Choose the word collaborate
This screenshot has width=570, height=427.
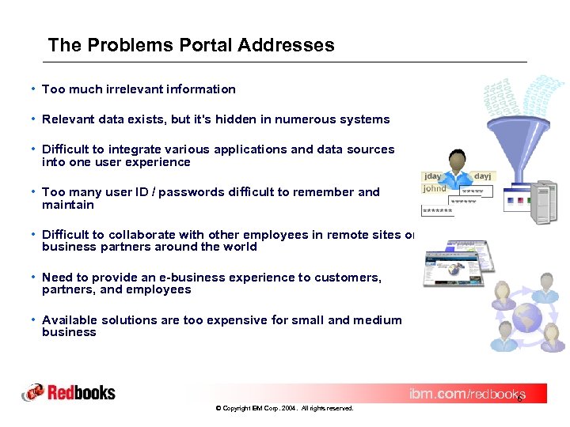(142, 235)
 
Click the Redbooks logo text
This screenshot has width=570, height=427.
(81, 392)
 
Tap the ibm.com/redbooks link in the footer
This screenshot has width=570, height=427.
(466, 394)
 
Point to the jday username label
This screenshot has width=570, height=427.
(433, 176)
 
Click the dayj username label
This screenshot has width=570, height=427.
(482, 176)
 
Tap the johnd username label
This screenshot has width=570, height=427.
(435, 189)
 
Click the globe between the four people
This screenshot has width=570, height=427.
(527, 319)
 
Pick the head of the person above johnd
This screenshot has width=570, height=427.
(457, 157)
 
